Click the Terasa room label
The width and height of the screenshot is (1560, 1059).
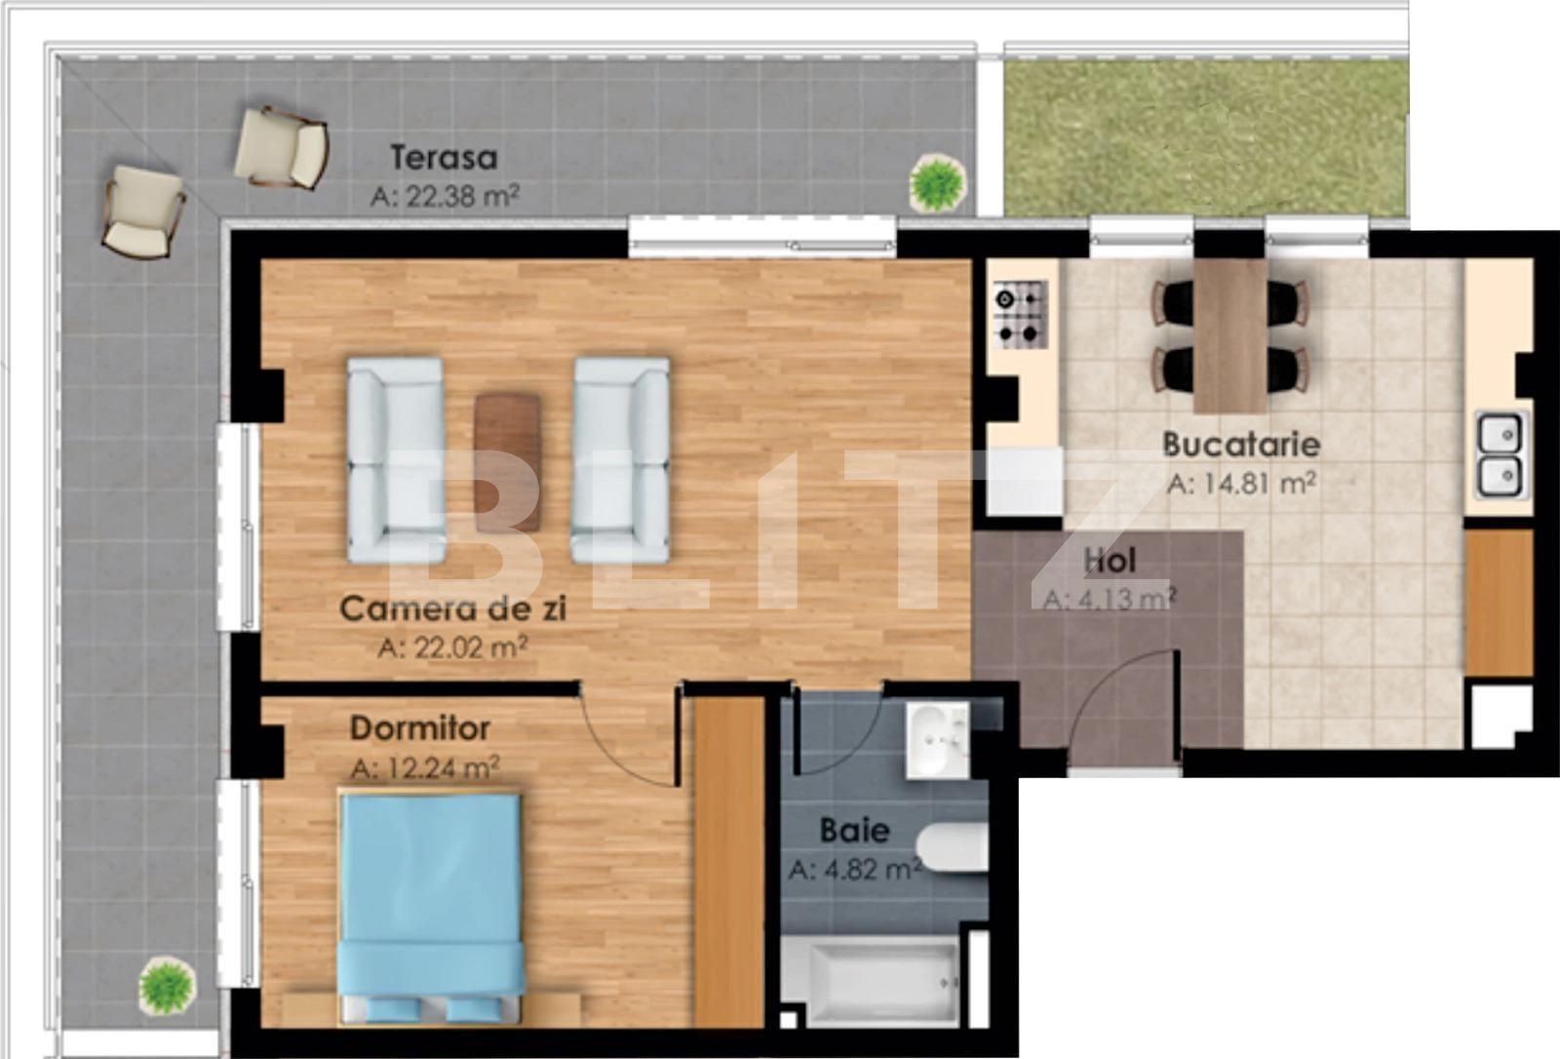pyautogui.click(x=444, y=157)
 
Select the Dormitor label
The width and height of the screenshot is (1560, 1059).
pyautogui.click(x=419, y=728)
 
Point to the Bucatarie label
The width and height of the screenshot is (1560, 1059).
pyautogui.click(x=1241, y=445)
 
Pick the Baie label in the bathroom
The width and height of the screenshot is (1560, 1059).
pyautogui.click(x=854, y=830)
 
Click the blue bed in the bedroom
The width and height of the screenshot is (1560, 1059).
pyautogui.click(x=429, y=902)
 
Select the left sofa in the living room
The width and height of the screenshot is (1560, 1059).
pyautogui.click(x=395, y=460)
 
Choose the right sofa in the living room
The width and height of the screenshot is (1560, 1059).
pyautogui.click(x=621, y=460)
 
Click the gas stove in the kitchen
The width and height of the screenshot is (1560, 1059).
pyautogui.click(x=1020, y=315)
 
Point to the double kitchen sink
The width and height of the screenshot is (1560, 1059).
pyautogui.click(x=1501, y=455)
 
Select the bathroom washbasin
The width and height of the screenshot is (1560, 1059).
pyautogui.click(x=937, y=740)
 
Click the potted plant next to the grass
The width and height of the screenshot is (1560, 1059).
pyautogui.click(x=938, y=182)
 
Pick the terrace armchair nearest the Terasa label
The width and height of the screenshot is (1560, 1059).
pyautogui.click(x=281, y=146)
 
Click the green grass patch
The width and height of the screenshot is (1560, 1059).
pyautogui.click(x=1206, y=137)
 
